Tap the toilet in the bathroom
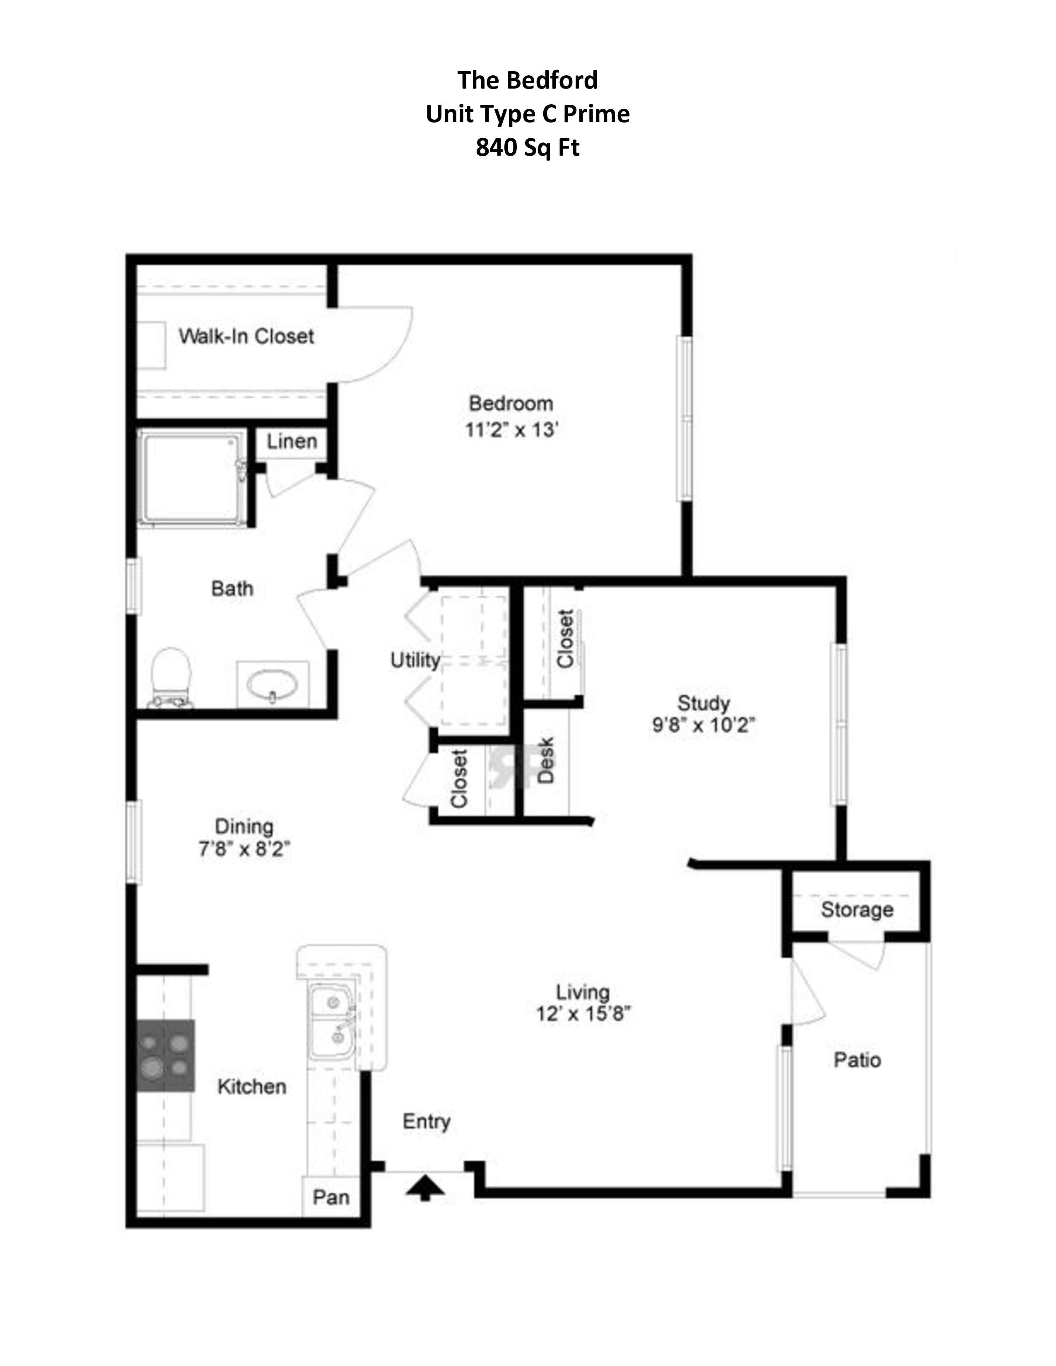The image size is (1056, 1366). pyautogui.click(x=171, y=677)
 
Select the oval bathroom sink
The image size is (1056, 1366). pyautogui.click(x=272, y=685)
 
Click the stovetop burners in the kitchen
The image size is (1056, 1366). pyautogui.click(x=165, y=1056)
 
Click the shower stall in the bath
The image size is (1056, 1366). pyautogui.click(x=191, y=476)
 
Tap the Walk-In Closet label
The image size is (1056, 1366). pyautogui.click(x=246, y=337)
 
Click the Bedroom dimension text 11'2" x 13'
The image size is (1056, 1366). pyautogui.click(x=511, y=430)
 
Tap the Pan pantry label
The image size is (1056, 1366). pyautogui.click(x=331, y=1197)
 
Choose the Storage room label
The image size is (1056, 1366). pyautogui.click(x=857, y=910)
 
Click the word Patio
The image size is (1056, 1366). pyautogui.click(x=857, y=1060)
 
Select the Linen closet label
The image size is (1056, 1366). pyautogui.click(x=292, y=442)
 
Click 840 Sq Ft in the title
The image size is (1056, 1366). pyautogui.click(x=527, y=148)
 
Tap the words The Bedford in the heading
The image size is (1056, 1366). pyautogui.click(x=527, y=80)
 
